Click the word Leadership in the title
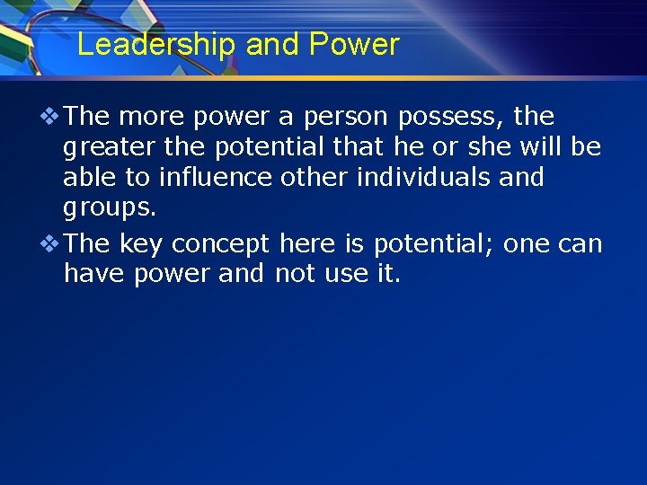pyautogui.click(x=157, y=45)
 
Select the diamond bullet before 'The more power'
pyautogui.click(x=51, y=117)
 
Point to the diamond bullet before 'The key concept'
pyautogui.click(x=51, y=244)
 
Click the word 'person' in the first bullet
pyautogui.click(x=344, y=117)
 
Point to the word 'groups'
pyautogui.click(x=109, y=208)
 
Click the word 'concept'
pyautogui.click(x=220, y=244)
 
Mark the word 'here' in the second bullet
pyautogui.click(x=307, y=244)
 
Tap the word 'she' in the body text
pyautogui.click(x=490, y=147)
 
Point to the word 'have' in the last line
pyautogui.click(x=94, y=273)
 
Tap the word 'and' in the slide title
pyautogui.click(x=274, y=45)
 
